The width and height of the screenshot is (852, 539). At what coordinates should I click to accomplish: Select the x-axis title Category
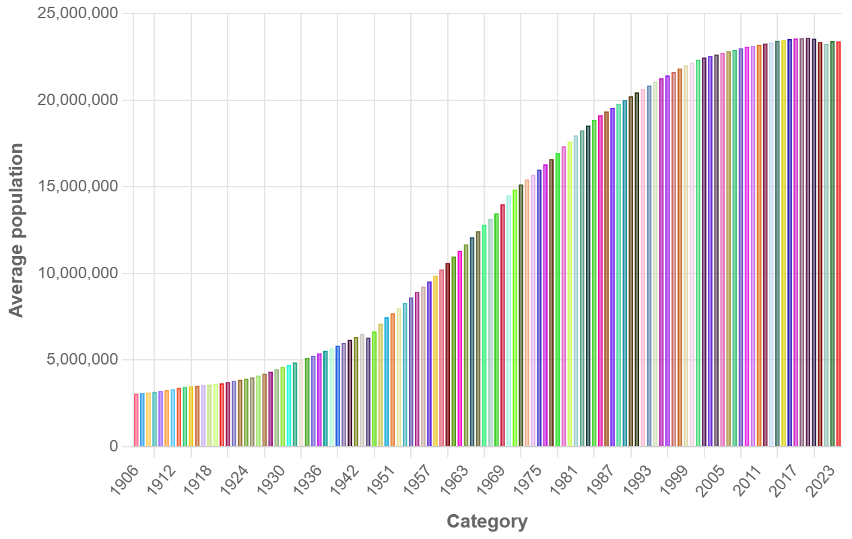click(487, 521)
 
